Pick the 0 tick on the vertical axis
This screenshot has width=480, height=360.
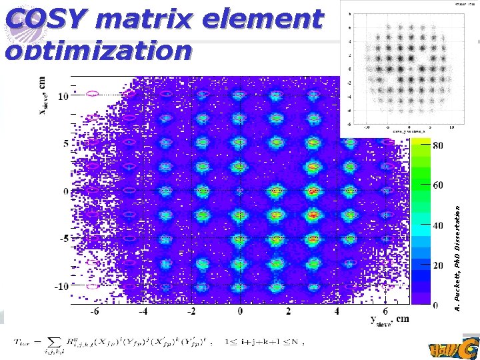click(65, 192)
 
